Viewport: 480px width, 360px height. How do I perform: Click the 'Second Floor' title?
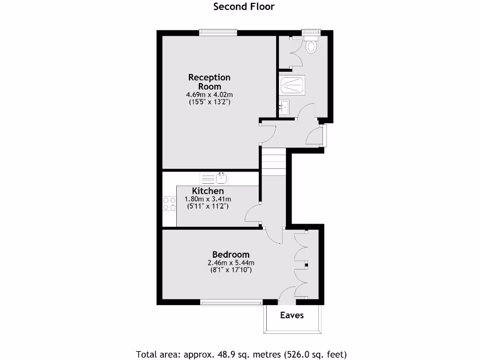[x=244, y=7]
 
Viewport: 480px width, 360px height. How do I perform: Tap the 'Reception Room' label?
[x=209, y=82]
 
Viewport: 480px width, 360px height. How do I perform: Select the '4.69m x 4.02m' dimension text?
[x=209, y=94]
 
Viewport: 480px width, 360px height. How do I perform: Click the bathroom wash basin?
[x=284, y=108]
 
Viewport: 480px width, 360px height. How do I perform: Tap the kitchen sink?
[x=222, y=178]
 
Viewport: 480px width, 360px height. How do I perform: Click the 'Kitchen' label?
[x=208, y=191]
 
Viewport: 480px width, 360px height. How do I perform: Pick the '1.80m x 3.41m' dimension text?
[x=208, y=199]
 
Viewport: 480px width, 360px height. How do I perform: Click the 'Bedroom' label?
[x=231, y=255]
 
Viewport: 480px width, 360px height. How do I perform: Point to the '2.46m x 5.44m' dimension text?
[x=231, y=262]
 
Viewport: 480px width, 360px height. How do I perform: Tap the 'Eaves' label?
[x=292, y=315]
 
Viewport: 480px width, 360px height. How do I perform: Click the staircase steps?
[x=273, y=162]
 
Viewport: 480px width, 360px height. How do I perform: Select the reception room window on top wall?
[x=218, y=32]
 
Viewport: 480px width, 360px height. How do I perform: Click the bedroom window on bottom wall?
[x=231, y=303]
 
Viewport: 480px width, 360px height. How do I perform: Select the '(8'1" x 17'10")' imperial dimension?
[x=231, y=270]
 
